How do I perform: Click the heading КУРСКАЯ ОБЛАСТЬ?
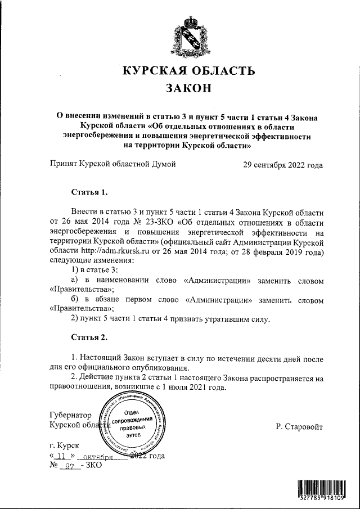(x=189, y=71)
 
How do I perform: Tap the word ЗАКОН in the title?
(x=189, y=89)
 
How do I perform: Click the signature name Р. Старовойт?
(x=299, y=427)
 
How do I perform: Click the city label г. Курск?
(x=64, y=445)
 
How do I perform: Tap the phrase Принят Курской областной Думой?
(x=112, y=165)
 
